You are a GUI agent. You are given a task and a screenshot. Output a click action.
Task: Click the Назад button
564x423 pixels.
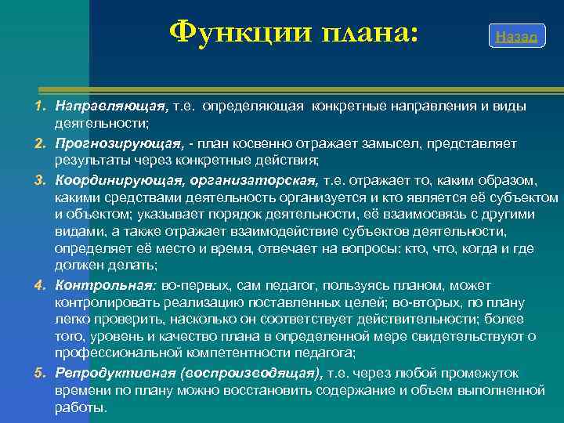pyautogui.click(x=516, y=37)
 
